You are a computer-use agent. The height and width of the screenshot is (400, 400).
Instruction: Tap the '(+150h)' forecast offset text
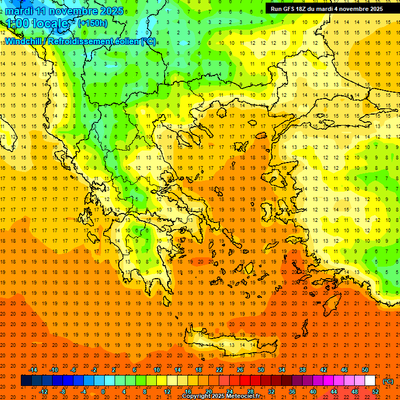pyautogui.click(x=93, y=23)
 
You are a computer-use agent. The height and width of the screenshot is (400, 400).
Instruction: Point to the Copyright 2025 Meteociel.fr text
pyautogui.click(x=222, y=396)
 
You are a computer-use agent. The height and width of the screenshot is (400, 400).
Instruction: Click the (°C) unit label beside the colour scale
pyautogui.click(x=388, y=381)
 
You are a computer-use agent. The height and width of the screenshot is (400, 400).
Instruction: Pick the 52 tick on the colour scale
pyautogui.click(x=376, y=392)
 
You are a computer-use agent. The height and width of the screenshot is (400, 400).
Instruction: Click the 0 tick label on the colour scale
pyautogui.click(x=103, y=392)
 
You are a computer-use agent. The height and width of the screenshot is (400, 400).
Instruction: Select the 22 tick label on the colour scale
pyautogui.click(x=219, y=370)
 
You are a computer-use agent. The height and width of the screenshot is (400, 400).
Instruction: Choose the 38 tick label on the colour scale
pyautogui.click(x=303, y=370)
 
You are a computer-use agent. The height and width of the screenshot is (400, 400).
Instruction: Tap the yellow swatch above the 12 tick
pyautogui.click(x=167, y=381)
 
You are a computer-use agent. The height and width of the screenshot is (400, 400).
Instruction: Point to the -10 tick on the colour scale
pyautogui.click(x=53, y=370)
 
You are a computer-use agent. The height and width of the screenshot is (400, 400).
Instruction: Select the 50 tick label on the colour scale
pyautogui.click(x=365, y=370)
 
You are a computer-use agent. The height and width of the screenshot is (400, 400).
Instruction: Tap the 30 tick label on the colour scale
pyautogui.click(x=261, y=370)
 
